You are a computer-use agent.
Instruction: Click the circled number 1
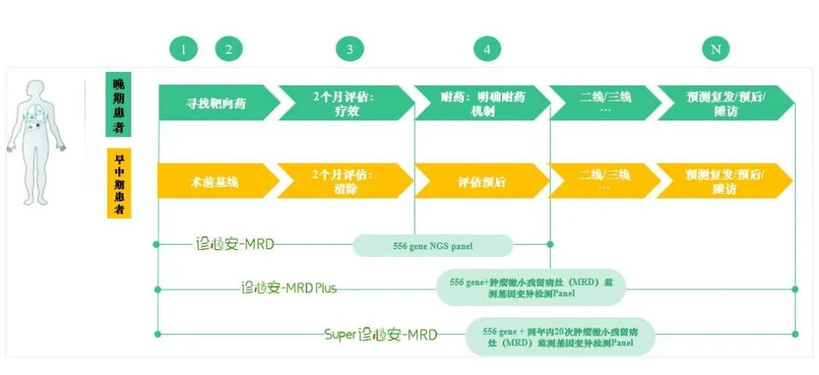[183, 50]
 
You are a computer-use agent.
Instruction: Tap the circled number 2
[228, 50]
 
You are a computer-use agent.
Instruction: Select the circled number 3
[350, 50]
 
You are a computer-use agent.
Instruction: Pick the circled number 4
[487, 50]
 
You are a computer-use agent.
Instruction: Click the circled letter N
[715, 50]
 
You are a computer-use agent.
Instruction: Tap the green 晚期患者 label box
[118, 105]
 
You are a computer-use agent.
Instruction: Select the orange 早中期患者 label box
[118, 183]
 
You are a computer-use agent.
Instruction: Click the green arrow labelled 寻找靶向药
[217, 103]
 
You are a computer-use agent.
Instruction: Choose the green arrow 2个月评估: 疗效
[344, 103]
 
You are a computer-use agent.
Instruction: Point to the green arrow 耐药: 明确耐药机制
[482, 103]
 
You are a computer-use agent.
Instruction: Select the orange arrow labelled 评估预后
[481, 182]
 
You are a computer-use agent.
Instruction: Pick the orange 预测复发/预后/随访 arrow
[724, 182]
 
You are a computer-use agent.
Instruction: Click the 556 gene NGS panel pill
[433, 245]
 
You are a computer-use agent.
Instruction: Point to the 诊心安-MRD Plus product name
[288, 288]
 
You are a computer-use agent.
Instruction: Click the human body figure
[36, 141]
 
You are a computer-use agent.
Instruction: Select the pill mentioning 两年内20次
[560, 336]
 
